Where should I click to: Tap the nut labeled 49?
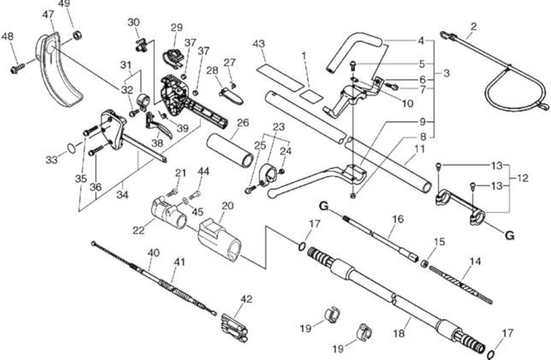(77, 36)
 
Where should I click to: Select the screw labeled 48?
(18, 68)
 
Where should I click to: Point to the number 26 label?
(243, 123)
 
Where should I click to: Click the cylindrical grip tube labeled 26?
(230, 151)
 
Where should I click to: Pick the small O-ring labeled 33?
(71, 149)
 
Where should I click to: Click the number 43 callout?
(259, 44)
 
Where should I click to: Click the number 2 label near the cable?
(474, 27)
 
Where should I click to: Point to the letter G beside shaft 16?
(324, 206)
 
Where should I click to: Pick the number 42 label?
(246, 299)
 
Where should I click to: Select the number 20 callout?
(228, 206)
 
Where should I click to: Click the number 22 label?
(139, 230)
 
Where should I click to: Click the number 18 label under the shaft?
(399, 334)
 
